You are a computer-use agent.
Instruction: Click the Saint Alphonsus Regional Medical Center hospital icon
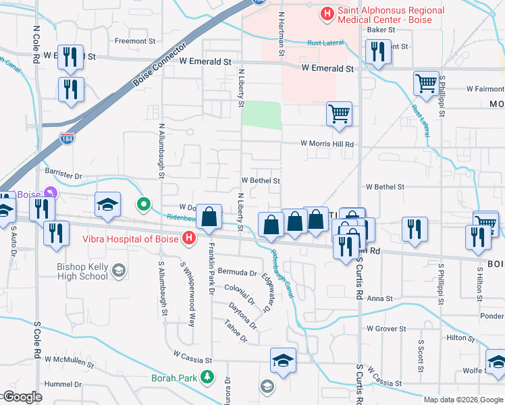tap(327, 13)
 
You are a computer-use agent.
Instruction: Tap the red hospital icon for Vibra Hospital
tap(190, 238)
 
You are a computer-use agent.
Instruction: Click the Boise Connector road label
tap(159, 67)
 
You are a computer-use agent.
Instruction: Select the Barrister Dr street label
tap(63, 175)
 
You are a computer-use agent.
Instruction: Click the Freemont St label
tap(130, 41)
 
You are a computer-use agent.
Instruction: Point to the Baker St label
tap(380, 30)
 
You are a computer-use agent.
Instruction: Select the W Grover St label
tap(386, 329)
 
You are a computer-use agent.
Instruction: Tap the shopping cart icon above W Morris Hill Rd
tap(339, 113)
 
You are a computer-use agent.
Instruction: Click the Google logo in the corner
tap(22, 398)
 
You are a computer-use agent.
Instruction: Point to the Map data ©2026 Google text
tap(463, 400)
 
